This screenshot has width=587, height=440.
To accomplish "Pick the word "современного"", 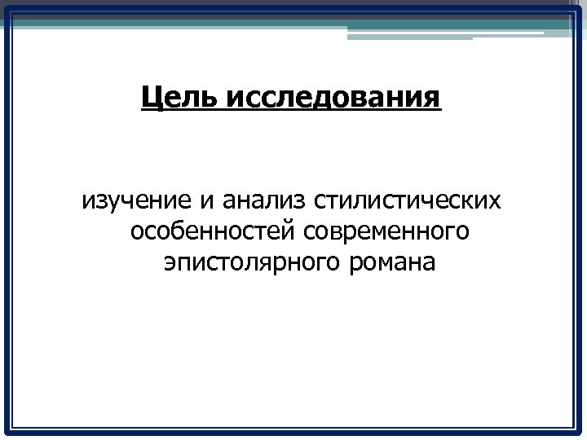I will [386, 232].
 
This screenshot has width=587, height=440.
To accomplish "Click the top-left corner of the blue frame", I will [7, 8].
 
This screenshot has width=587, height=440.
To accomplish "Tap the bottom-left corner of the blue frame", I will [7, 431].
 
